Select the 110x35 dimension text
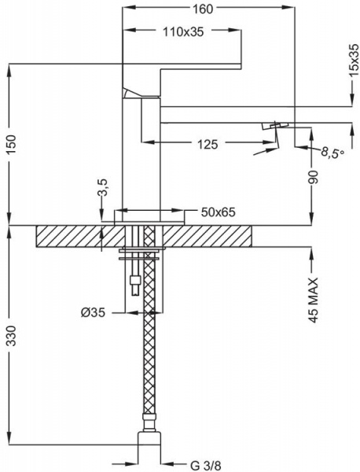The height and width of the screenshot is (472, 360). pos(182,32)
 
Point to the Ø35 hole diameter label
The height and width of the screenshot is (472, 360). pos(93,311)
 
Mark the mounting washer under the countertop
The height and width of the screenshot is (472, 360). pos(139,254)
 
